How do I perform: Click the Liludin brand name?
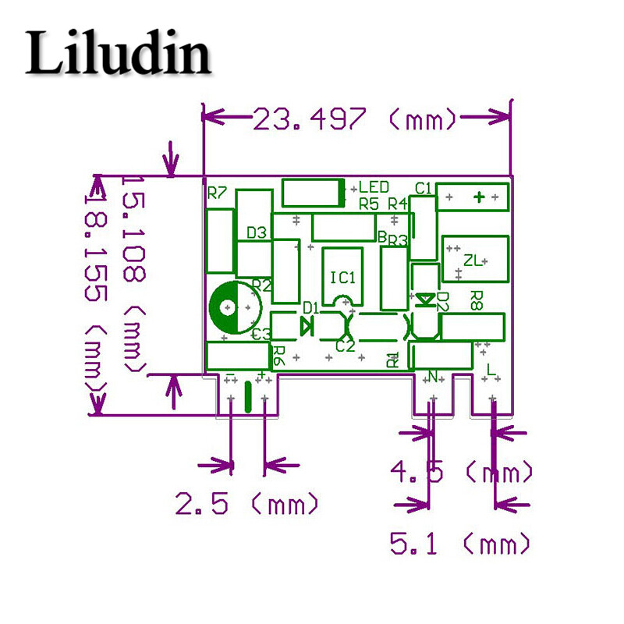click(119, 55)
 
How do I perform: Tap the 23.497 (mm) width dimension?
click(355, 119)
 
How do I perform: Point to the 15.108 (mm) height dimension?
click(133, 273)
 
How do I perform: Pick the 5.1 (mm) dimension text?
click(460, 543)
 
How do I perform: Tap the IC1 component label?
click(342, 278)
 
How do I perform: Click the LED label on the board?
click(374, 187)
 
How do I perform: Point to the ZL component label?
click(473, 261)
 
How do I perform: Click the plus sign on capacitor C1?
click(480, 197)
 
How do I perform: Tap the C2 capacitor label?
click(345, 346)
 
